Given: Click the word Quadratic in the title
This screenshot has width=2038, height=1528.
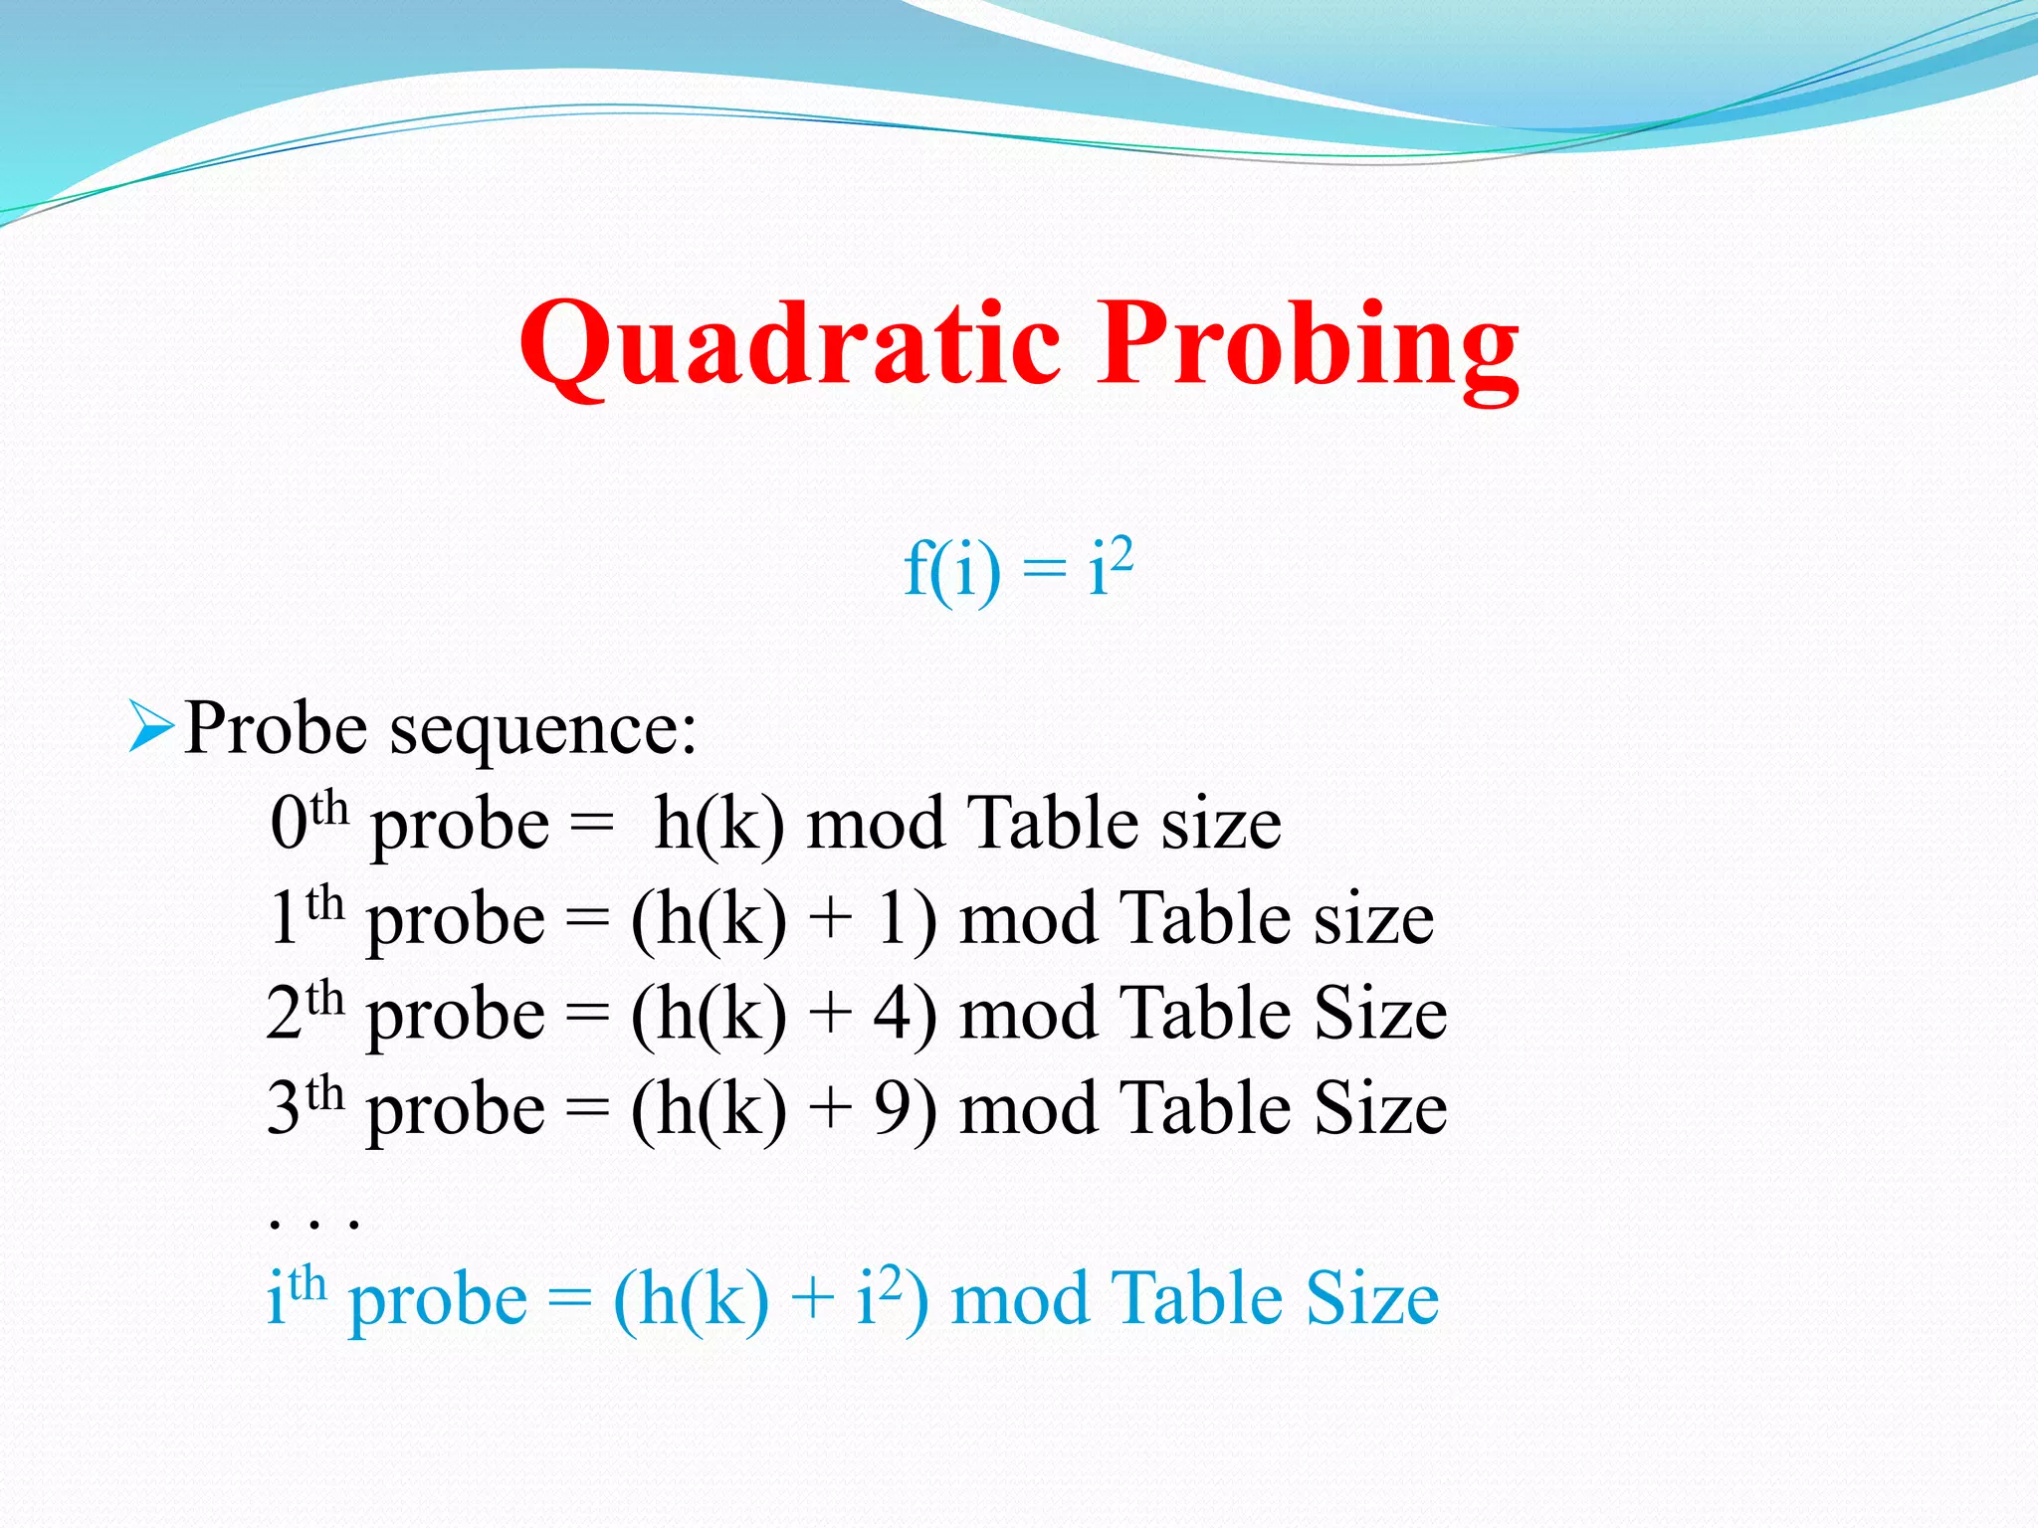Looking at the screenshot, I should pos(790,343).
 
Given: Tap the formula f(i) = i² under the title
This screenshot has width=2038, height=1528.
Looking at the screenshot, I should pos(1017,569).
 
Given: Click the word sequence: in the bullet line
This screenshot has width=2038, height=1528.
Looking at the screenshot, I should pos(542,731).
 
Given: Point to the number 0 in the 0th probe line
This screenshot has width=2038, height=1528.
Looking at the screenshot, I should pos(288,825).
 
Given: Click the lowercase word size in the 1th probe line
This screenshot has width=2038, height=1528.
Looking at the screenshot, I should pos(1373,919).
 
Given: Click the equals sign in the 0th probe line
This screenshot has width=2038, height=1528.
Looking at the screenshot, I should pos(591,825).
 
